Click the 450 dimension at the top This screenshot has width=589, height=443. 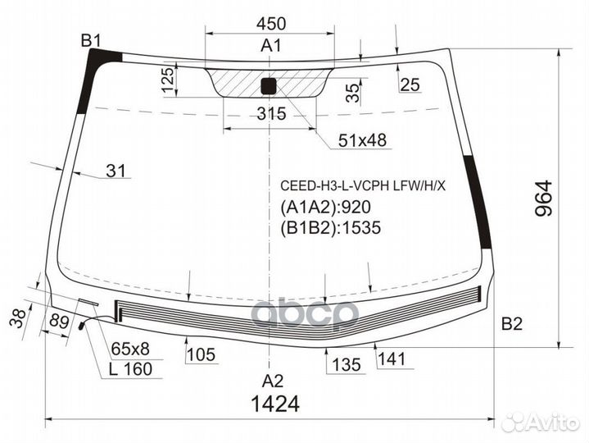point(271,24)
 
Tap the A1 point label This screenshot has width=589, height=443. point(271,46)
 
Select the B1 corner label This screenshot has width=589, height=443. point(91,41)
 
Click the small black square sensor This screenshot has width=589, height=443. point(269,86)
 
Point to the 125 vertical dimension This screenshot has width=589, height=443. point(168,80)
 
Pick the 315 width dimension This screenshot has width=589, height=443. point(272,113)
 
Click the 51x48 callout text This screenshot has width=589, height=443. point(362,140)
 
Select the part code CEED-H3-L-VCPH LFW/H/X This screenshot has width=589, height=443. point(363,185)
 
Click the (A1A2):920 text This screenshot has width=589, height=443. point(326,208)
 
